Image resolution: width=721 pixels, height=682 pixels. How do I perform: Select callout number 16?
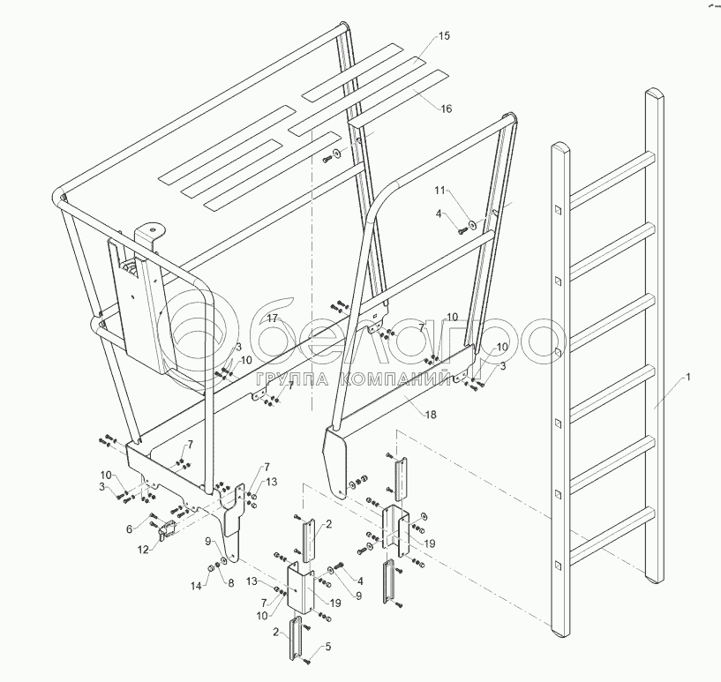(447, 109)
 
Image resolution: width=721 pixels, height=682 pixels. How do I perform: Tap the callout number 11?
(440, 191)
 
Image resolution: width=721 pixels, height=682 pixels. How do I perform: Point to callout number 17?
(273, 318)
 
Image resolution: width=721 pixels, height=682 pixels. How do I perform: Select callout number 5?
(328, 647)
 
